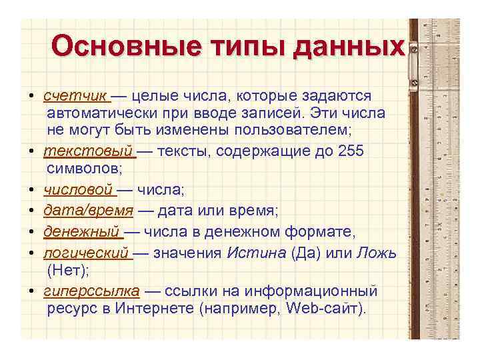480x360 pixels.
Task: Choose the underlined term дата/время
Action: coord(83,211)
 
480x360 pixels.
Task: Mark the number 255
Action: coord(351,151)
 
